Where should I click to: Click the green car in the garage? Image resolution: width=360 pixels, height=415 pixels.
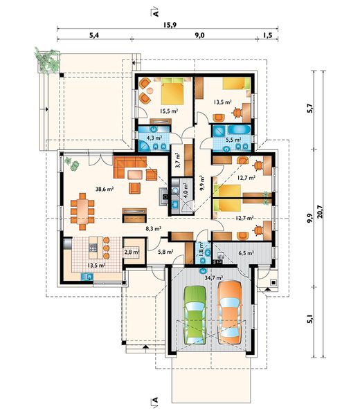pyautogui.click(x=195, y=315)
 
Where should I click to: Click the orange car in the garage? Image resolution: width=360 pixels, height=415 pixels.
pyautogui.click(x=230, y=313)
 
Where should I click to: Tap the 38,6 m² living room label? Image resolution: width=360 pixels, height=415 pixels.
pyautogui.click(x=105, y=189)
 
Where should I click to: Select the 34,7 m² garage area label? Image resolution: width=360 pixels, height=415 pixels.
pyautogui.click(x=214, y=277)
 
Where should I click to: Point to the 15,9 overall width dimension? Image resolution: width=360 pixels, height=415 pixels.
pyautogui.click(x=170, y=25)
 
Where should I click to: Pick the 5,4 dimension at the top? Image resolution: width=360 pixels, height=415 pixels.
pyautogui.click(x=94, y=35)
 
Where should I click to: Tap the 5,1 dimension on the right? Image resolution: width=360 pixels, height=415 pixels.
pyautogui.click(x=310, y=320)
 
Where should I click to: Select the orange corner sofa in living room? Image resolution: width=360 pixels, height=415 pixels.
pyautogui.click(x=129, y=167)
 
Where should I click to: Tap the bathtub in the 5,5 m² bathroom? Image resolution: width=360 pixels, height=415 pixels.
pyautogui.click(x=240, y=130)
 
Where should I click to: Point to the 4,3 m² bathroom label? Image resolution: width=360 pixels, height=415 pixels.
pyautogui.click(x=154, y=138)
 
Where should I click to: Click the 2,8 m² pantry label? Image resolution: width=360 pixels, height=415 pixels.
pyautogui.click(x=132, y=252)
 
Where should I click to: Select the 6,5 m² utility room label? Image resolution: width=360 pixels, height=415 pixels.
pyautogui.click(x=246, y=253)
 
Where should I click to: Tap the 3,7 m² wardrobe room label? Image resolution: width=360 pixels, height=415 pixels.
pyautogui.click(x=178, y=160)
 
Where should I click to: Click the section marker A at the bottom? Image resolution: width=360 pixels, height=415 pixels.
pyautogui.click(x=154, y=400)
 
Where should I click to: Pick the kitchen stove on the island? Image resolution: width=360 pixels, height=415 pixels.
pyautogui.click(x=93, y=248)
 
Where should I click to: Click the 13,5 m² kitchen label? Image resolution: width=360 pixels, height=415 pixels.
pyautogui.click(x=97, y=265)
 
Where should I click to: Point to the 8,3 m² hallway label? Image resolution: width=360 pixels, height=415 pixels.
pyautogui.click(x=154, y=229)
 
